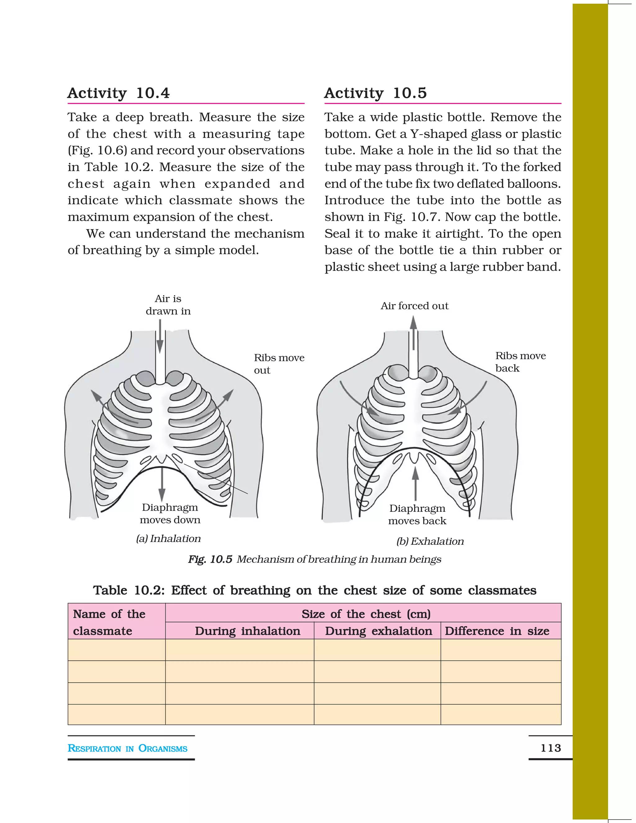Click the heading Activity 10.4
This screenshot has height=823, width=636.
coord(118,93)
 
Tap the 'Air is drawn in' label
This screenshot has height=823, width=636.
coord(168,305)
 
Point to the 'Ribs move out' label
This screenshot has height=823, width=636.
coord(279,364)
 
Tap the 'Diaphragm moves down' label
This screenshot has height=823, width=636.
coord(170,514)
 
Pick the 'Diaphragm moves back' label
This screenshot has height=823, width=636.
coord(417,514)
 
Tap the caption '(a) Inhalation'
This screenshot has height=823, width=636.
coord(168,539)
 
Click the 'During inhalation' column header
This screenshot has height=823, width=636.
coord(247,631)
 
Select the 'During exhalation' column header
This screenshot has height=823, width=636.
coord(378,631)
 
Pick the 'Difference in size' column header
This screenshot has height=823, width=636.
coord(497,631)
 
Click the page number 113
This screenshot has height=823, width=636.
coord(551,748)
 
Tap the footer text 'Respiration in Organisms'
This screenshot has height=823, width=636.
coord(127,748)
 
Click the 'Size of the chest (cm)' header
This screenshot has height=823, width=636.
coord(366,614)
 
